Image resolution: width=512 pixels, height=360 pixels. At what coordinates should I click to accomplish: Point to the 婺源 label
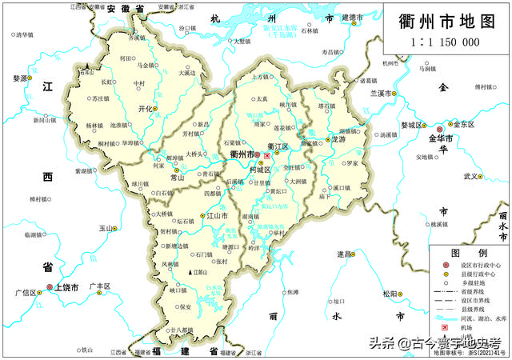[x=21, y=78]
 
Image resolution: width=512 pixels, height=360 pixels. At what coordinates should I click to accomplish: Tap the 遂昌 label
[x=344, y=254]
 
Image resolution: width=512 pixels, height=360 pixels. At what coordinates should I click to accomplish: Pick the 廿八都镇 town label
[x=181, y=330]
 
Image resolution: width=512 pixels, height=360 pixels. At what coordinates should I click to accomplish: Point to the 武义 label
[x=471, y=176]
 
